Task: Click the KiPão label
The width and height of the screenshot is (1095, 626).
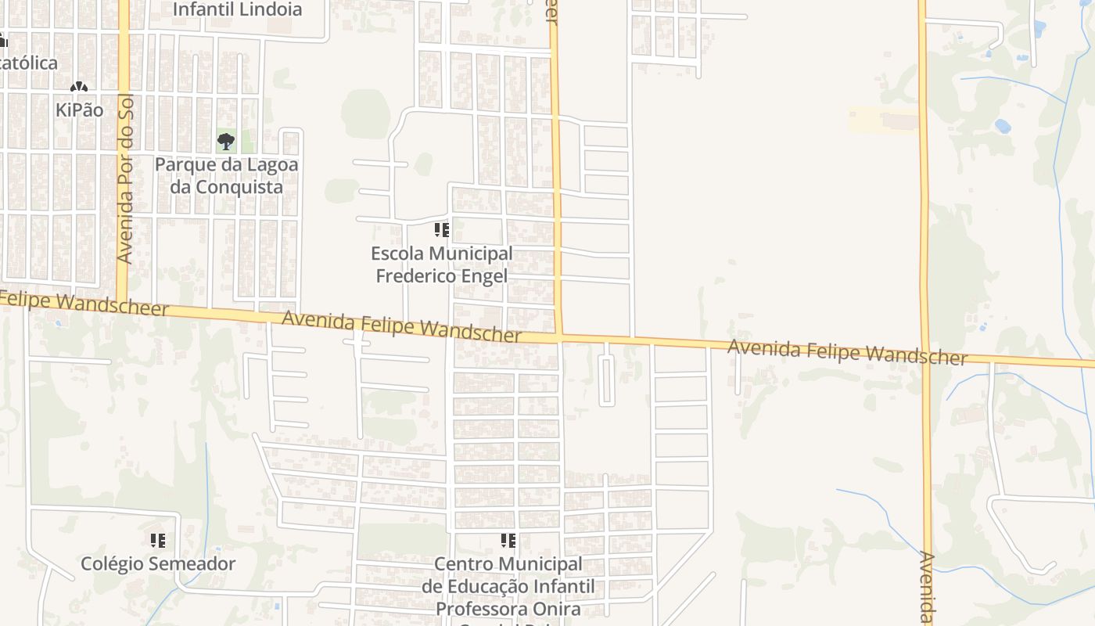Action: [79, 110]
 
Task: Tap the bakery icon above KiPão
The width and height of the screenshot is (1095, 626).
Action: [79, 86]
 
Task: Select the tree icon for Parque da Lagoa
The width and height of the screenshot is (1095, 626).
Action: [226, 142]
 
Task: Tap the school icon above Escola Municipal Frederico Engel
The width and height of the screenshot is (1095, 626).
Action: [442, 230]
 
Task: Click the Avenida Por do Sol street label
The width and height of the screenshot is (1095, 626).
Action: [125, 179]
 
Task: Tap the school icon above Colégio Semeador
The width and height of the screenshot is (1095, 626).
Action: [158, 541]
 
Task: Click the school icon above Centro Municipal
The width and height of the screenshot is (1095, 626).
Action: [508, 541]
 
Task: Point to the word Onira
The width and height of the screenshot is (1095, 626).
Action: [558, 609]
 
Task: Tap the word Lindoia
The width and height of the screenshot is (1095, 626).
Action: [270, 9]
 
